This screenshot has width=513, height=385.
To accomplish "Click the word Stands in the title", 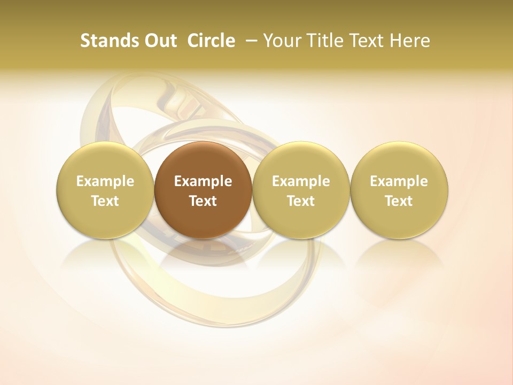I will point(110,41).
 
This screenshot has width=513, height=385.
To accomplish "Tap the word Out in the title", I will point(160,41).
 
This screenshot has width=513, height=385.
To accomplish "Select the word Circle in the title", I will point(211,41).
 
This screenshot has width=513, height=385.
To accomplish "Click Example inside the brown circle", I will point(203,181).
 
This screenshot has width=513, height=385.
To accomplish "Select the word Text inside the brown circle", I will point(203,201).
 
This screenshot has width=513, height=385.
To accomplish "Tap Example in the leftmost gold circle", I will point(105,181).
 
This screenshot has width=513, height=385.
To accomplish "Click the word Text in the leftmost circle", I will point(105,201).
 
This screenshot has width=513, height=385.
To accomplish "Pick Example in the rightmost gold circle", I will point(399,181).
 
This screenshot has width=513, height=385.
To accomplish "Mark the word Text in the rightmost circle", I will point(399,201).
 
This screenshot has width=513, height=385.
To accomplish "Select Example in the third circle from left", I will point(301,181).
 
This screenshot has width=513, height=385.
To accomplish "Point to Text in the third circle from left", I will point(301,201).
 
